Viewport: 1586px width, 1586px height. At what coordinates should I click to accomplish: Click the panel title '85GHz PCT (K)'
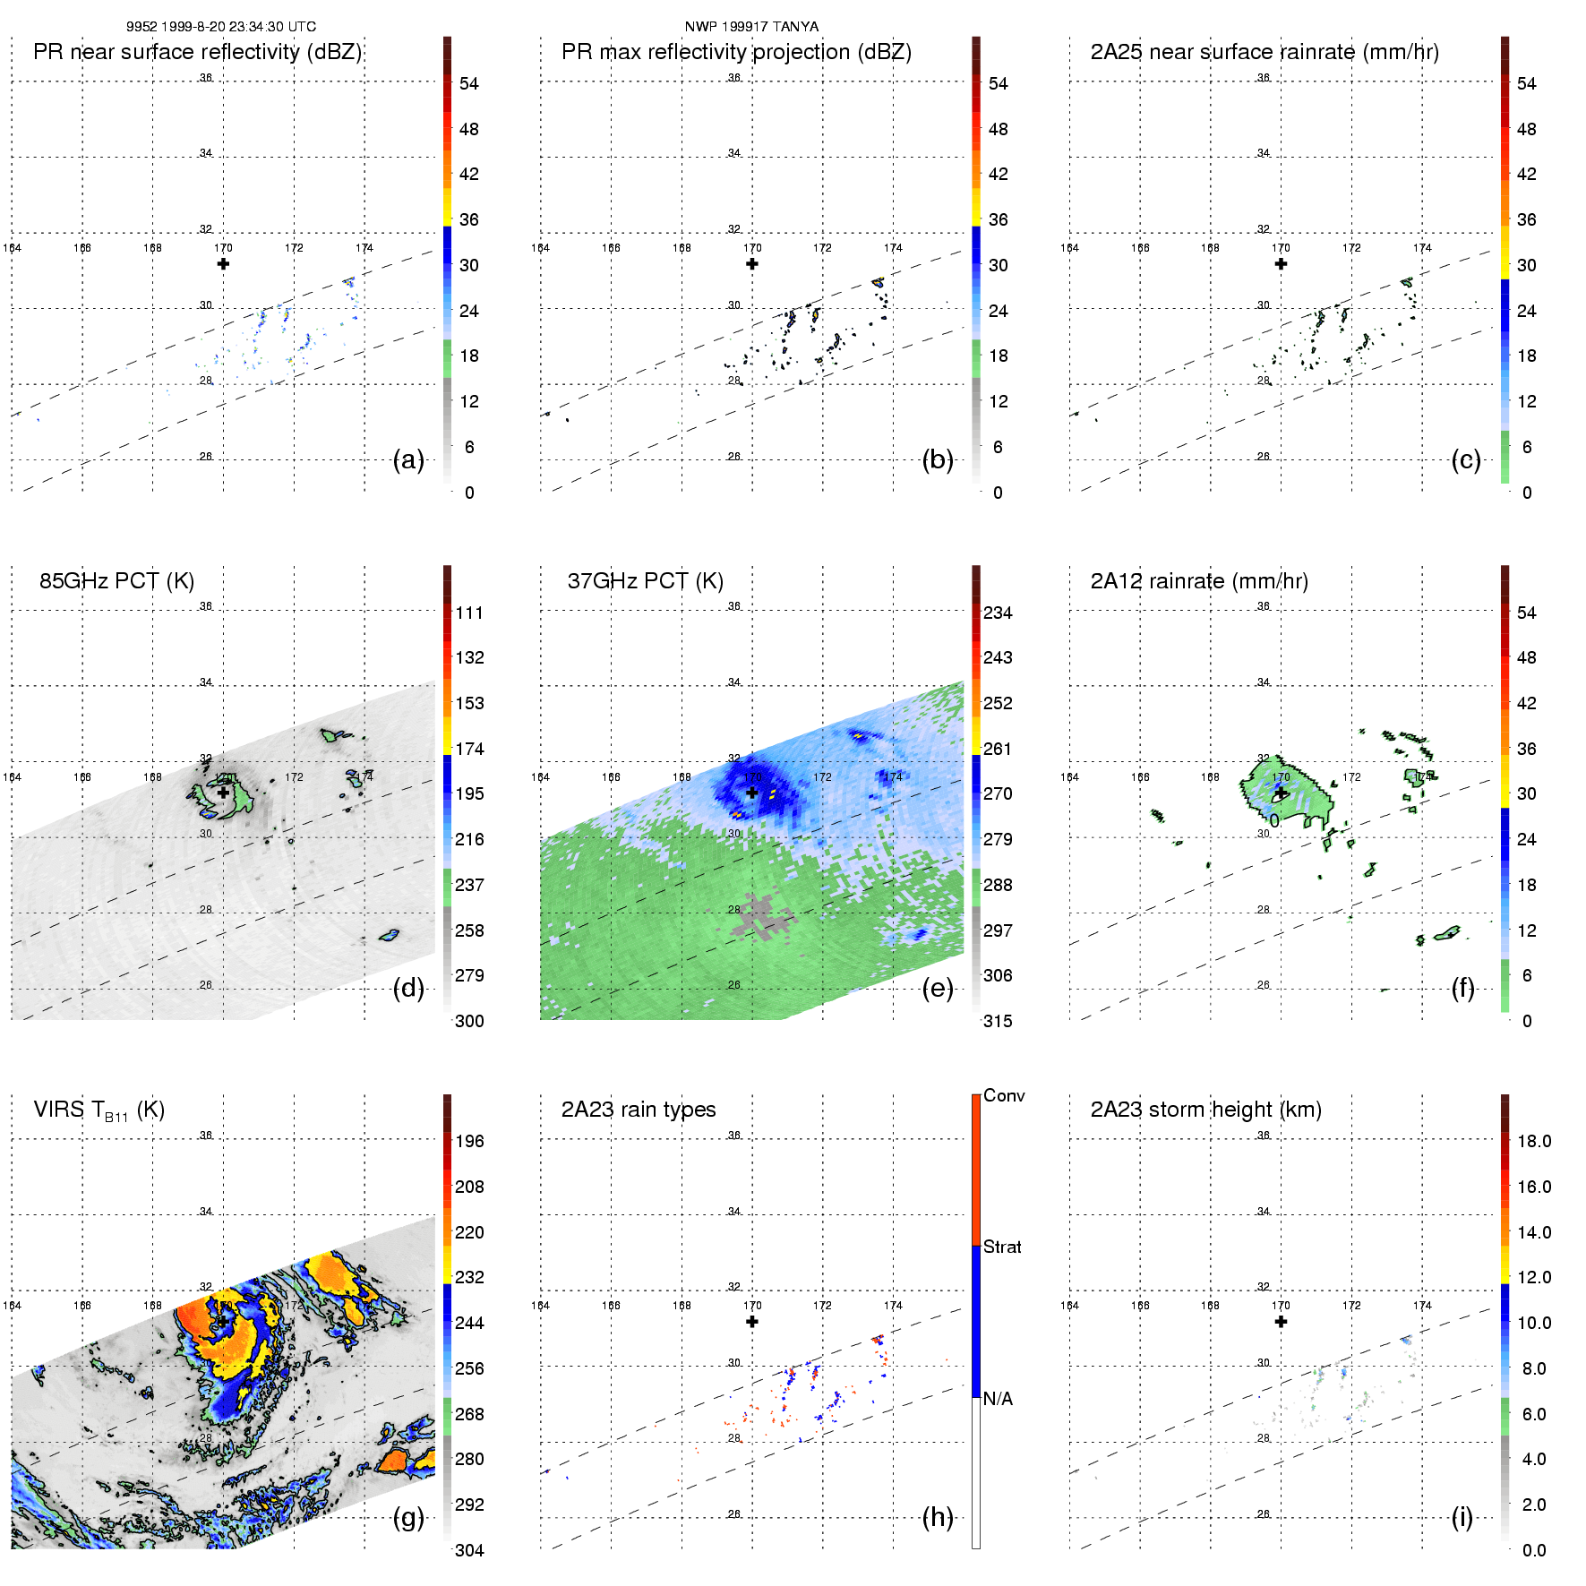(x=116, y=581)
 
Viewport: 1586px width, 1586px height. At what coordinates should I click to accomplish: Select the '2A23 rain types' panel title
(x=638, y=1110)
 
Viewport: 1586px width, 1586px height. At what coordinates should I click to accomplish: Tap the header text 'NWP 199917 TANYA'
(x=751, y=26)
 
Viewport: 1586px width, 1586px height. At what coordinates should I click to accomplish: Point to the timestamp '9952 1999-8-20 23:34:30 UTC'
(x=220, y=26)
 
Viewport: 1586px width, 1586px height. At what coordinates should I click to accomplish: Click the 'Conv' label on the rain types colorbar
(x=1003, y=1095)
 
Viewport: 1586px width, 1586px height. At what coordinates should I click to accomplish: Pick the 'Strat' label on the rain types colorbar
(x=1002, y=1247)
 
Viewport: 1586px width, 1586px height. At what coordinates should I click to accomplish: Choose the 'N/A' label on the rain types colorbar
(x=998, y=1399)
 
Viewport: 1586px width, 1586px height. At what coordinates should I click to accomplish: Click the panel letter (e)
(x=937, y=988)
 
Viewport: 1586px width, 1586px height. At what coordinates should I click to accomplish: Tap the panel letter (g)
(x=408, y=1517)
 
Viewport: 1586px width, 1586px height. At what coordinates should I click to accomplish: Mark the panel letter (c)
(x=1465, y=459)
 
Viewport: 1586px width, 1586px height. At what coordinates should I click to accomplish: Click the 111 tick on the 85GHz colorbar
(x=469, y=613)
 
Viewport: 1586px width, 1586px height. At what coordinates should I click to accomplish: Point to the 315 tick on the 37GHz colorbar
(x=998, y=1021)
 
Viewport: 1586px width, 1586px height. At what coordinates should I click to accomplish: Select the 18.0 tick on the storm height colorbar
(x=1533, y=1141)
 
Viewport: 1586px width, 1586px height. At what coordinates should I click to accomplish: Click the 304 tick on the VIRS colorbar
(x=469, y=1550)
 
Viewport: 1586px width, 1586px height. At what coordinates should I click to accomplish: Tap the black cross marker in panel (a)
(x=223, y=264)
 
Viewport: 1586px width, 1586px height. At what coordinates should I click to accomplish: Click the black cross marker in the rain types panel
(x=752, y=1322)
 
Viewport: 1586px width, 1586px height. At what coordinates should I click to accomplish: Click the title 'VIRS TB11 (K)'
(x=99, y=1110)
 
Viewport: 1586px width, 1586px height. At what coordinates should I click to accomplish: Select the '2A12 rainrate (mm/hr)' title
(x=1198, y=581)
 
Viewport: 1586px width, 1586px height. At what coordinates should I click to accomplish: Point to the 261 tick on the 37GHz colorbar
(x=998, y=749)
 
